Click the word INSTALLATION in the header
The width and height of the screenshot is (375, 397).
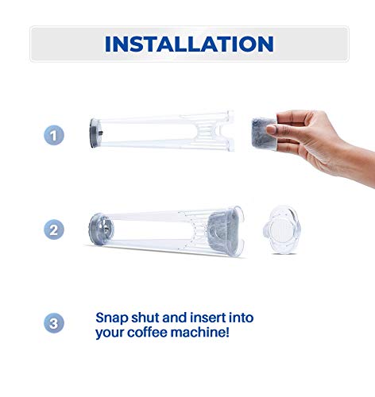[x=189, y=44]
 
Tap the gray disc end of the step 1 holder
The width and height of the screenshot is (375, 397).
[x=95, y=130]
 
